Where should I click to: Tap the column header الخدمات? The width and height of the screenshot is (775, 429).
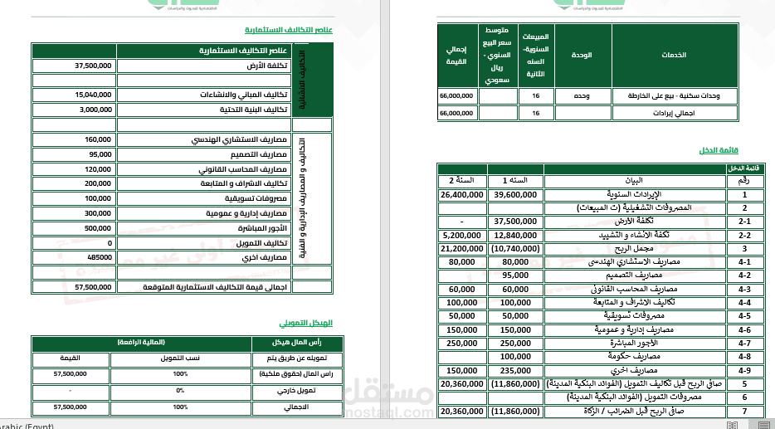(x=673, y=56)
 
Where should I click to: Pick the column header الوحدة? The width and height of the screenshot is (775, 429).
(x=583, y=56)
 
